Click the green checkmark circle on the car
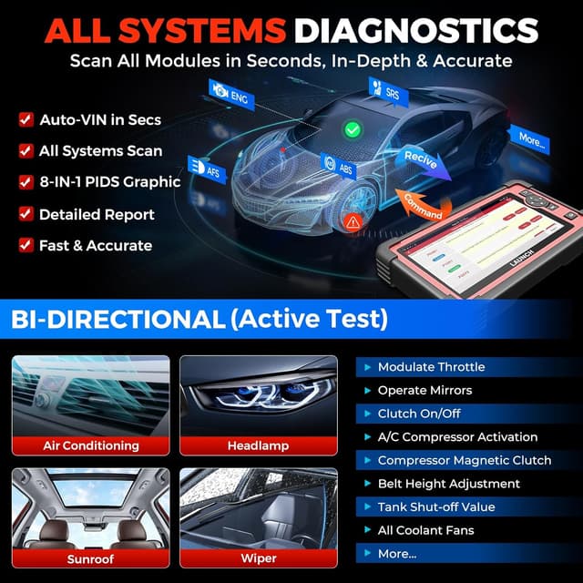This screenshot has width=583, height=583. point(353,132)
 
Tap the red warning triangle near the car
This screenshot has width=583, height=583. point(351,221)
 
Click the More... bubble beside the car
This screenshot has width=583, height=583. point(530,140)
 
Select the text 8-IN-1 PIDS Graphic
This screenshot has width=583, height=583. point(109,182)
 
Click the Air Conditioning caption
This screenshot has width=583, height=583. point(91,445)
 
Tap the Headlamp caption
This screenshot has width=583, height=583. point(258,445)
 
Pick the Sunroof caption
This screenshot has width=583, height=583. point(91,558)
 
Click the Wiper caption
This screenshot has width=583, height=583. point(258,558)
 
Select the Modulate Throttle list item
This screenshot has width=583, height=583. point(431,367)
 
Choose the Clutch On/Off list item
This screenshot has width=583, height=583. point(419,414)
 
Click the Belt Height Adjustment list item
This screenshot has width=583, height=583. point(448,484)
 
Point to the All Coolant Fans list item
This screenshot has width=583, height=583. point(425,530)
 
